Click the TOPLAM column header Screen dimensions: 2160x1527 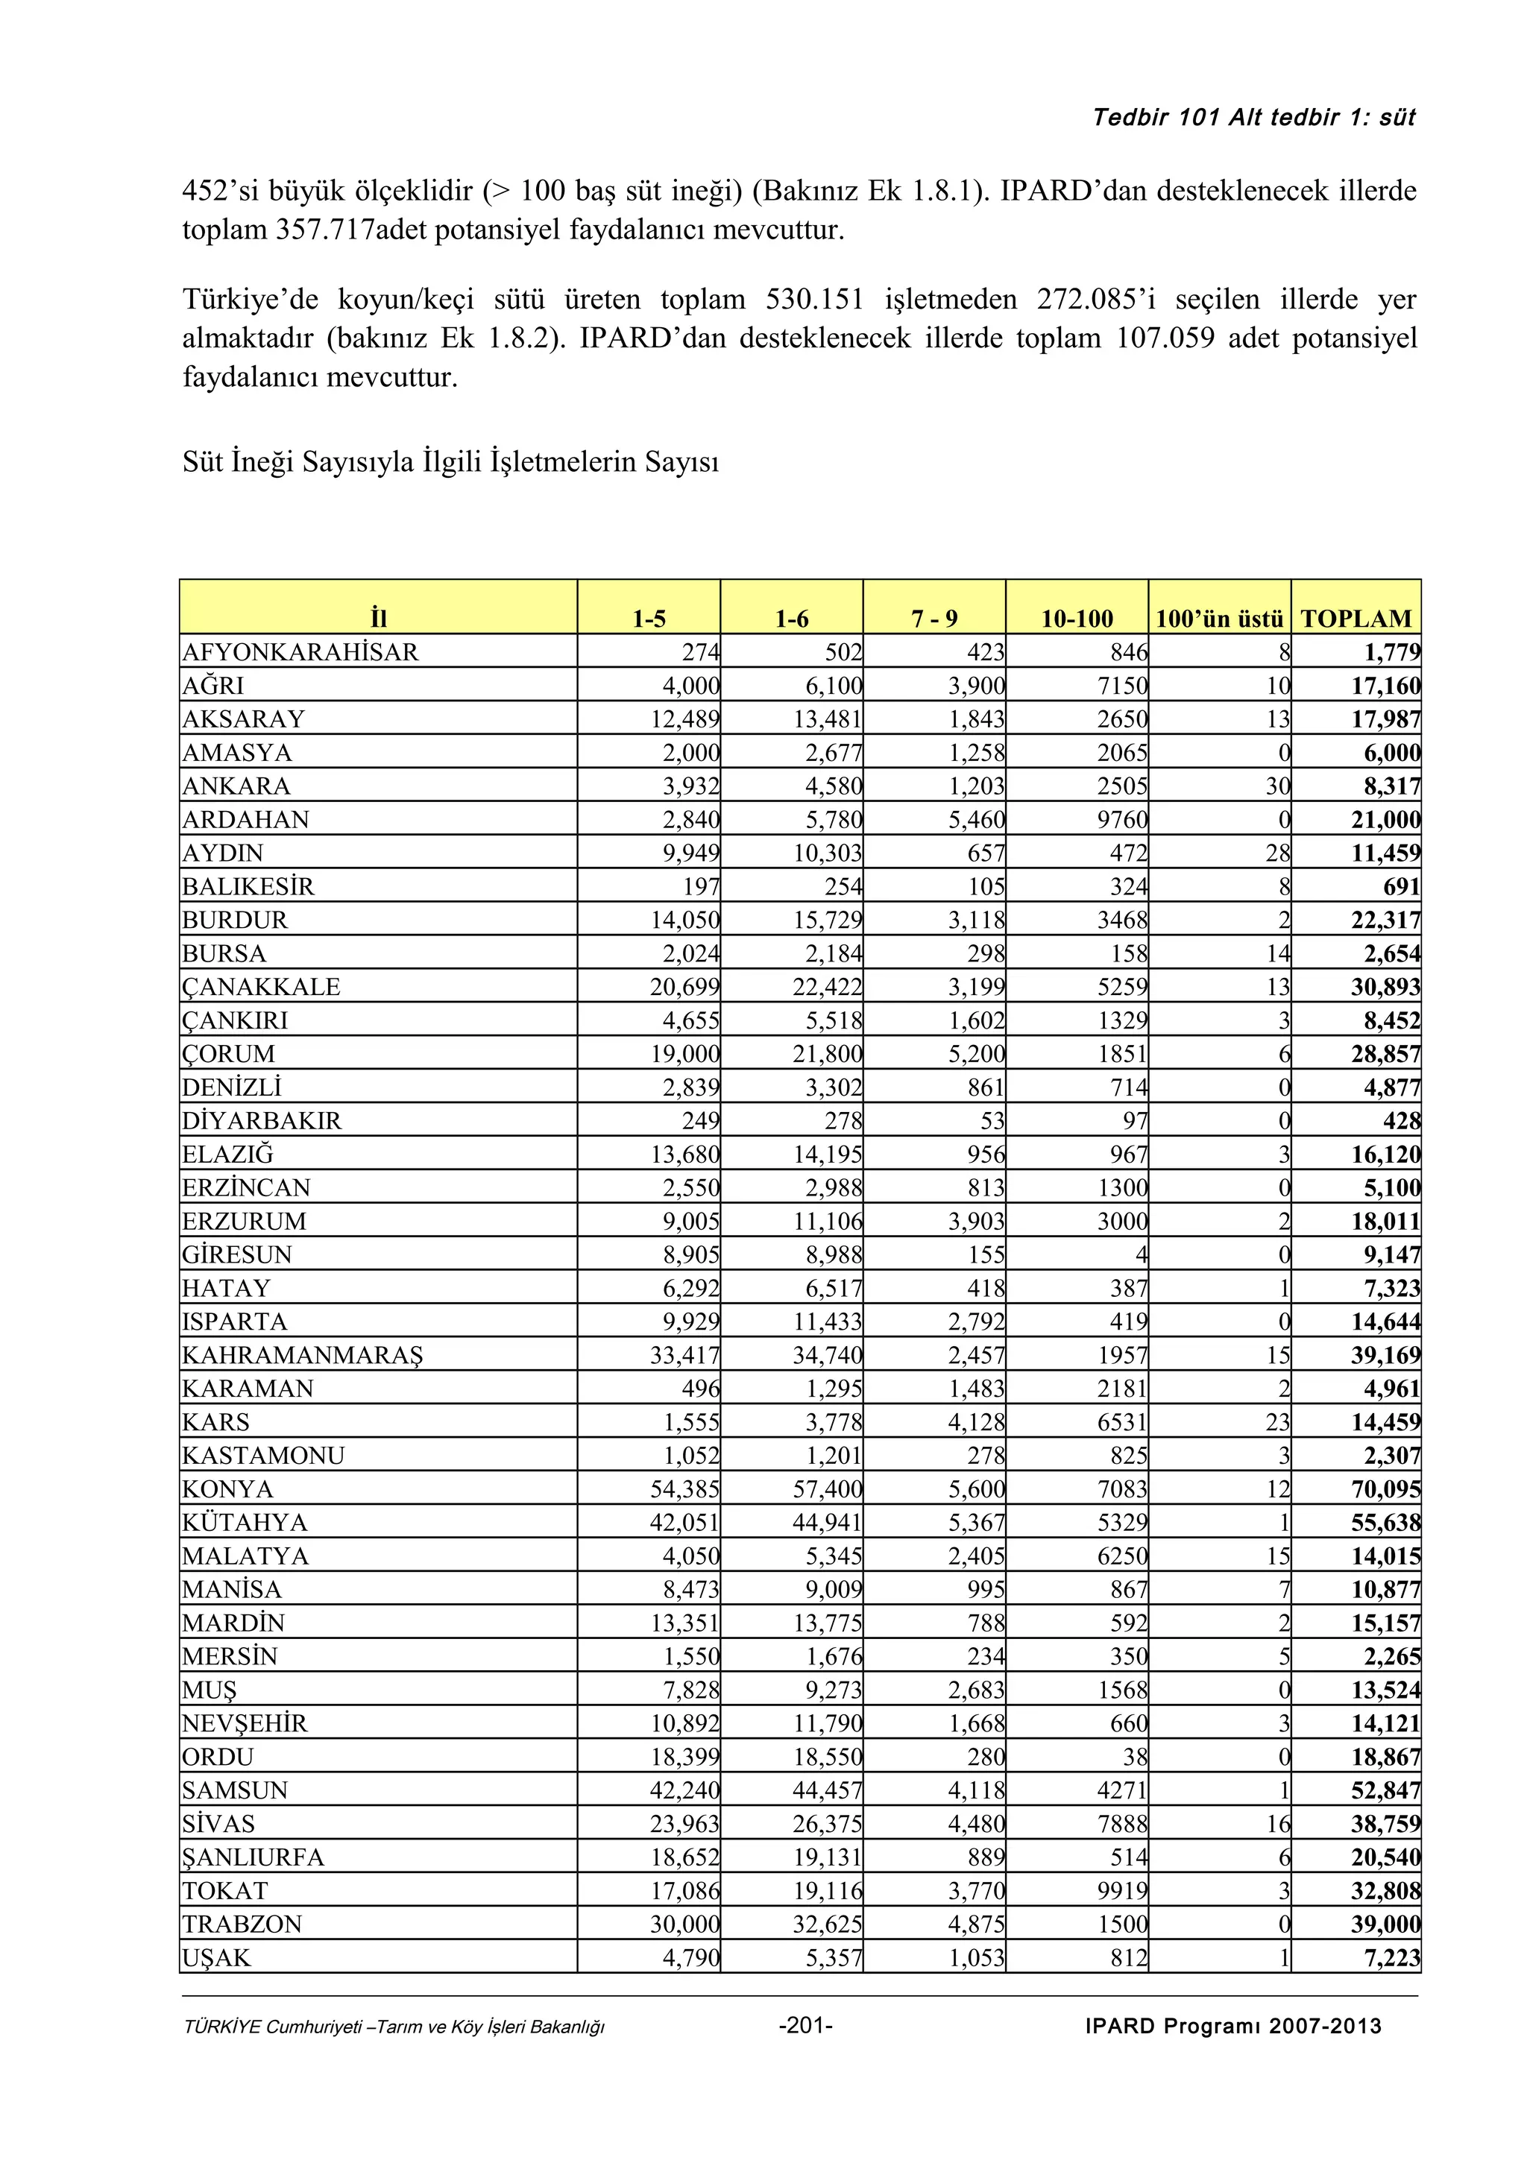1356,618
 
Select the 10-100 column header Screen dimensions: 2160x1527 1077,618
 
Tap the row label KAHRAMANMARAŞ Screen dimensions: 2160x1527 302,1355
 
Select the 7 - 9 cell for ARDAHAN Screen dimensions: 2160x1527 976,819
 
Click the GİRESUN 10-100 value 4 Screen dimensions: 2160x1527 1140,1254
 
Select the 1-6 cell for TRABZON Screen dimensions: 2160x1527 827,1924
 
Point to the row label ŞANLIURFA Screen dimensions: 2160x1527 252,1857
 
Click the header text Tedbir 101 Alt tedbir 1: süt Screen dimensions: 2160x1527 1253,118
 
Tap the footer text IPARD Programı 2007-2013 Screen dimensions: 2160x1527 1232,2026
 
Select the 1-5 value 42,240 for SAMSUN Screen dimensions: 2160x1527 684,1790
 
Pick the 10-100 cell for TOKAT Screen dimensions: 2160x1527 1121,1890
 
